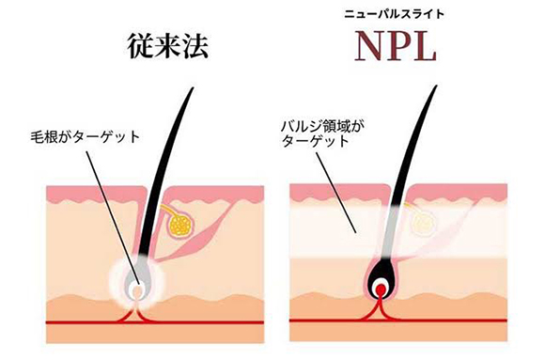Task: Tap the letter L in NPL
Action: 424,47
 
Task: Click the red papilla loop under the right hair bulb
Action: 380,301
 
